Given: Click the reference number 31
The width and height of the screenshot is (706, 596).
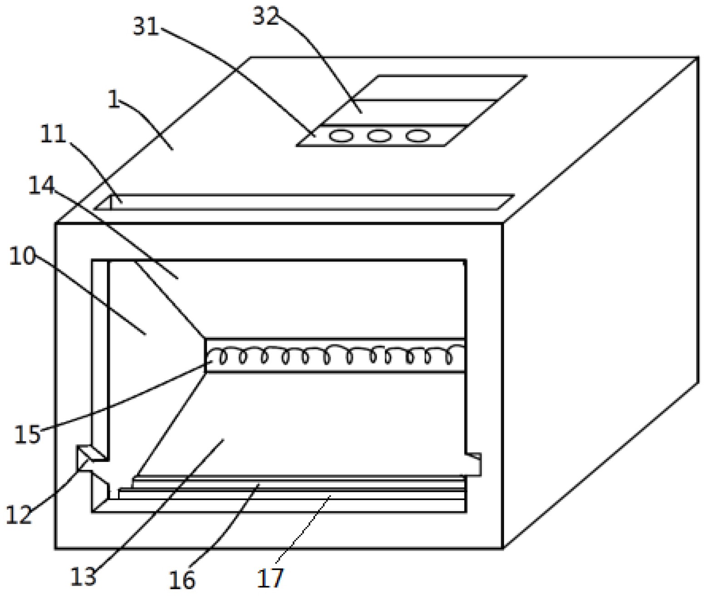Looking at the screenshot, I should (x=146, y=26).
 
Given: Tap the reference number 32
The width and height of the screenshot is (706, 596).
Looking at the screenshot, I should (x=265, y=16).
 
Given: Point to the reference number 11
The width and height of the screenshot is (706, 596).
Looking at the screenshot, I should (x=54, y=134).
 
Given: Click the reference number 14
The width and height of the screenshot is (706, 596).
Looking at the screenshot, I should (x=41, y=186).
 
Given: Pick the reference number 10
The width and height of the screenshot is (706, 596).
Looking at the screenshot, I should (x=22, y=257).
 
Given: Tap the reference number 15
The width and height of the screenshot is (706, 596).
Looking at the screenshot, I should (x=27, y=434).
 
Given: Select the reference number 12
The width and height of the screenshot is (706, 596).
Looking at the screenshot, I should (x=19, y=515).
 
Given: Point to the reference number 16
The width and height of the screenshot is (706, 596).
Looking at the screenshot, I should (x=182, y=580).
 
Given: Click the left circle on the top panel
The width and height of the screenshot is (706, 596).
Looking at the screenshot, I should (x=341, y=135).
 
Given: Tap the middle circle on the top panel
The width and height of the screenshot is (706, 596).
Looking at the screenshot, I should (x=379, y=135).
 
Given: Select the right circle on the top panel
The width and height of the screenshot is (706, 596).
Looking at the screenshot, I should (x=417, y=135).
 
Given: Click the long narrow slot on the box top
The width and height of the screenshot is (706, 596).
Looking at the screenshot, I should (x=304, y=202).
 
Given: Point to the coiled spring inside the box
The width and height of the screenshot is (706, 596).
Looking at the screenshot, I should (x=336, y=355).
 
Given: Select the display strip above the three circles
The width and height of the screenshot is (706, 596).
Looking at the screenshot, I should (x=408, y=112).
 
